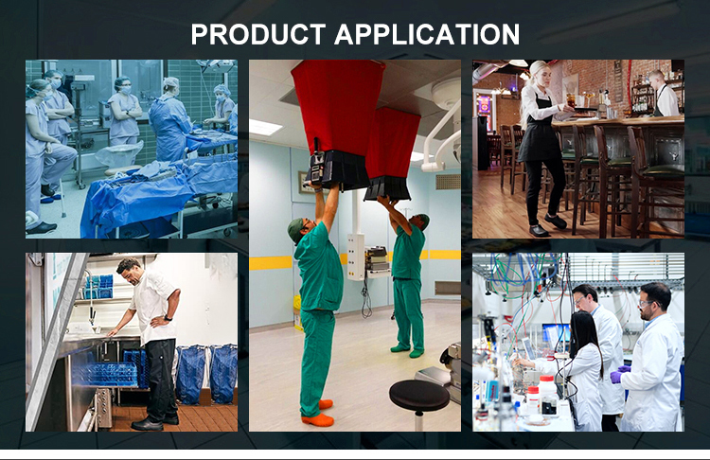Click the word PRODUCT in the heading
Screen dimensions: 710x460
point(258,34)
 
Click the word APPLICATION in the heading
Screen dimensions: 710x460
point(427,34)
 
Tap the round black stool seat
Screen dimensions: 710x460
point(419,396)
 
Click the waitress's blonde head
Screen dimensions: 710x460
point(541,73)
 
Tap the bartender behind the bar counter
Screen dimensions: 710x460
point(665,93)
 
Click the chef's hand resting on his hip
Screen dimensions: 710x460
point(157,321)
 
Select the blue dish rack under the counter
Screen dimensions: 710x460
point(105,374)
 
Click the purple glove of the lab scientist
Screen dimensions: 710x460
point(616,376)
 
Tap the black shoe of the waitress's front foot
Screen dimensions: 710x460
point(539,231)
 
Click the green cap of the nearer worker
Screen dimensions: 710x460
point(294,230)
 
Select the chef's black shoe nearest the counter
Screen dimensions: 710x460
point(146,425)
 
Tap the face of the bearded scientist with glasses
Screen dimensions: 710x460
point(647,305)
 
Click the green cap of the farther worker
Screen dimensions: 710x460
point(424,221)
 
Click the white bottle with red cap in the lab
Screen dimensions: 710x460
point(548,395)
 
